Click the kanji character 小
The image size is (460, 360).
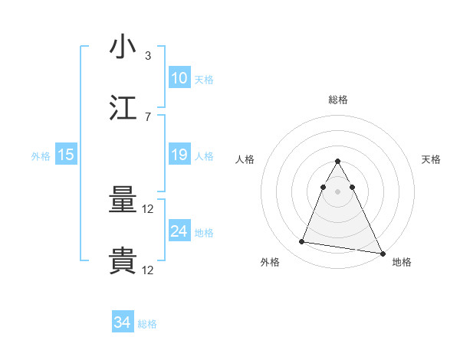(123, 47)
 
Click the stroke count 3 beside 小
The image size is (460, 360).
(147, 56)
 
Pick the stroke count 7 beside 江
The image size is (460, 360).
(147, 116)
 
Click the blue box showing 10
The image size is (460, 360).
(179, 78)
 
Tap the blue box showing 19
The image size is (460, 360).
(179, 155)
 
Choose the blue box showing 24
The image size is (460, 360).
(179, 231)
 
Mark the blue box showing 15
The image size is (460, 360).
(66, 155)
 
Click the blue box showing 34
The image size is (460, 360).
(122, 323)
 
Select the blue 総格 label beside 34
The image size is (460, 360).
(147, 324)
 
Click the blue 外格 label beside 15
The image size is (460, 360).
(41, 156)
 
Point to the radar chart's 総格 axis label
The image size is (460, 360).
(338, 100)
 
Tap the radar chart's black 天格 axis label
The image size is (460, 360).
(432, 159)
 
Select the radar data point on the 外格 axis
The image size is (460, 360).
(302, 242)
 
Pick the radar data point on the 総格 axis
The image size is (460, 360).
(338, 162)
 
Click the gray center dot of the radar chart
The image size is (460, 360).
(338, 191)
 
